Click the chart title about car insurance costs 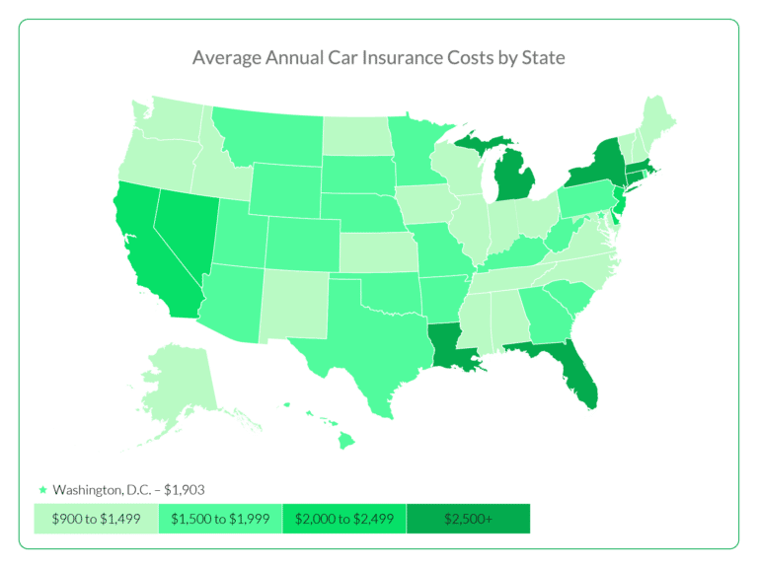[379, 57]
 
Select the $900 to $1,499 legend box [96, 519]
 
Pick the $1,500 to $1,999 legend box [220, 519]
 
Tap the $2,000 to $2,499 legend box [343, 519]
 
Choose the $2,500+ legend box [468, 519]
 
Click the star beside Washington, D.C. [41, 489]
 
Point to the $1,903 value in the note [184, 489]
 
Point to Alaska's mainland [178, 380]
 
